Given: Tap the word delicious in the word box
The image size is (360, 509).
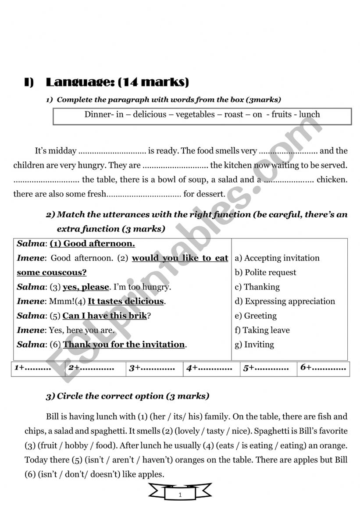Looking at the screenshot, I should (150, 114).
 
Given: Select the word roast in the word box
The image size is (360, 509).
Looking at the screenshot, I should (235, 114).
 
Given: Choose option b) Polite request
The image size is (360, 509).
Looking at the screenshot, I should (266, 273).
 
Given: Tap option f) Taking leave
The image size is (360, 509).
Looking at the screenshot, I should (262, 330).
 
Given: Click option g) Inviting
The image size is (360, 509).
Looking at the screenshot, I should (255, 345).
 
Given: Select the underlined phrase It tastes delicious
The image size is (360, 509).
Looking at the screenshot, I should (126, 301).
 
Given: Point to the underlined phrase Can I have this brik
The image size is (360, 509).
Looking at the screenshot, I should (104, 316).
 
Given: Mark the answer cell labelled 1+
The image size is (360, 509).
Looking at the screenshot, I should (38, 368).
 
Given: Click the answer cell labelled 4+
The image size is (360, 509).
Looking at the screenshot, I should (211, 368).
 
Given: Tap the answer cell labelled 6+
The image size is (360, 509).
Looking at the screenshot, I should (323, 368).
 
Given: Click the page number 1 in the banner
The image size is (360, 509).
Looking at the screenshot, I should (180, 495).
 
